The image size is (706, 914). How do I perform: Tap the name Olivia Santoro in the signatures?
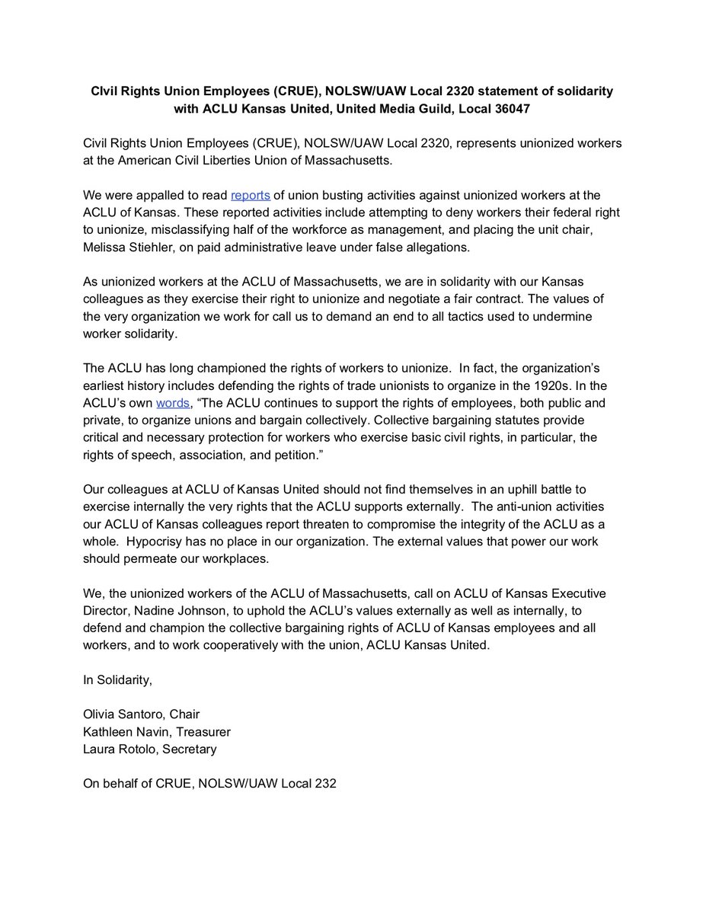tap(124, 714)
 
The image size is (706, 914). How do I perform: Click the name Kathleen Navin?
tap(122, 731)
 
